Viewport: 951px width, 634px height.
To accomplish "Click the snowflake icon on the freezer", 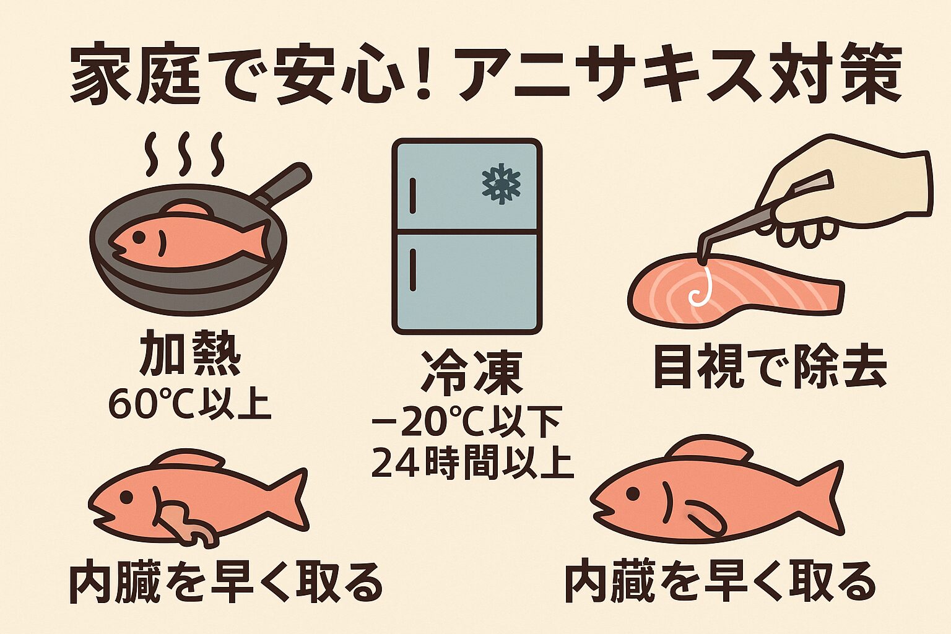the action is tap(502, 185).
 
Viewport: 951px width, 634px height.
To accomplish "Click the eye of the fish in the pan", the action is tap(138, 237).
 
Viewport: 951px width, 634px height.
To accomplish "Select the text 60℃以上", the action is tap(189, 405).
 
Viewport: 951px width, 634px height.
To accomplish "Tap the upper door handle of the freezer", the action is tap(412, 195).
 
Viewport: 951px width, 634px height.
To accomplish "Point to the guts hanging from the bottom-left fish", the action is tap(188, 523).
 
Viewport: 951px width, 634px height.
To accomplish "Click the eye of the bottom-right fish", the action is tap(633, 493).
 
